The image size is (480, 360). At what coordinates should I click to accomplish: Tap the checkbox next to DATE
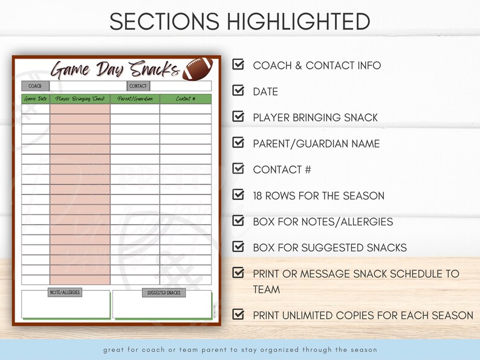(239, 91)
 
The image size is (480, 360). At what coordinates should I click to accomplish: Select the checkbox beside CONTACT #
(239, 169)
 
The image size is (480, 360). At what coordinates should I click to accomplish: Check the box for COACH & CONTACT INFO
(239, 65)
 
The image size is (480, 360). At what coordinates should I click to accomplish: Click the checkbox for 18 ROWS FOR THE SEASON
(239, 194)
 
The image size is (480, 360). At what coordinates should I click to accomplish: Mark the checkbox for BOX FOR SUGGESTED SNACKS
(239, 246)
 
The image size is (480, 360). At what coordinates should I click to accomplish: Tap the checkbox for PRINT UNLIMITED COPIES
(239, 314)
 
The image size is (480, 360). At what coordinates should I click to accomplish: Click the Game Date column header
(36, 99)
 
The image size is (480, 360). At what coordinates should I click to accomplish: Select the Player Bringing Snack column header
(80, 99)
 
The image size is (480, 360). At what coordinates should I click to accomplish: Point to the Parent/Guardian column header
(135, 99)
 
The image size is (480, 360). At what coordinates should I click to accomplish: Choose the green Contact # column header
(186, 99)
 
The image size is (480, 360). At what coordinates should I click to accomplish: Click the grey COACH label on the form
(35, 86)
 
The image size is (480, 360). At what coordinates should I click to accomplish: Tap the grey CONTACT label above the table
(138, 86)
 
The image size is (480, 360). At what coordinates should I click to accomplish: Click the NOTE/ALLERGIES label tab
(65, 293)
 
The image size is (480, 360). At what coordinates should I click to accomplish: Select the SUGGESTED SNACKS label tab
(164, 293)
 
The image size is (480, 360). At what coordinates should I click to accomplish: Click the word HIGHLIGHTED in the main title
(299, 22)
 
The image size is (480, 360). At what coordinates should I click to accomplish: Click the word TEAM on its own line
(267, 289)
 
